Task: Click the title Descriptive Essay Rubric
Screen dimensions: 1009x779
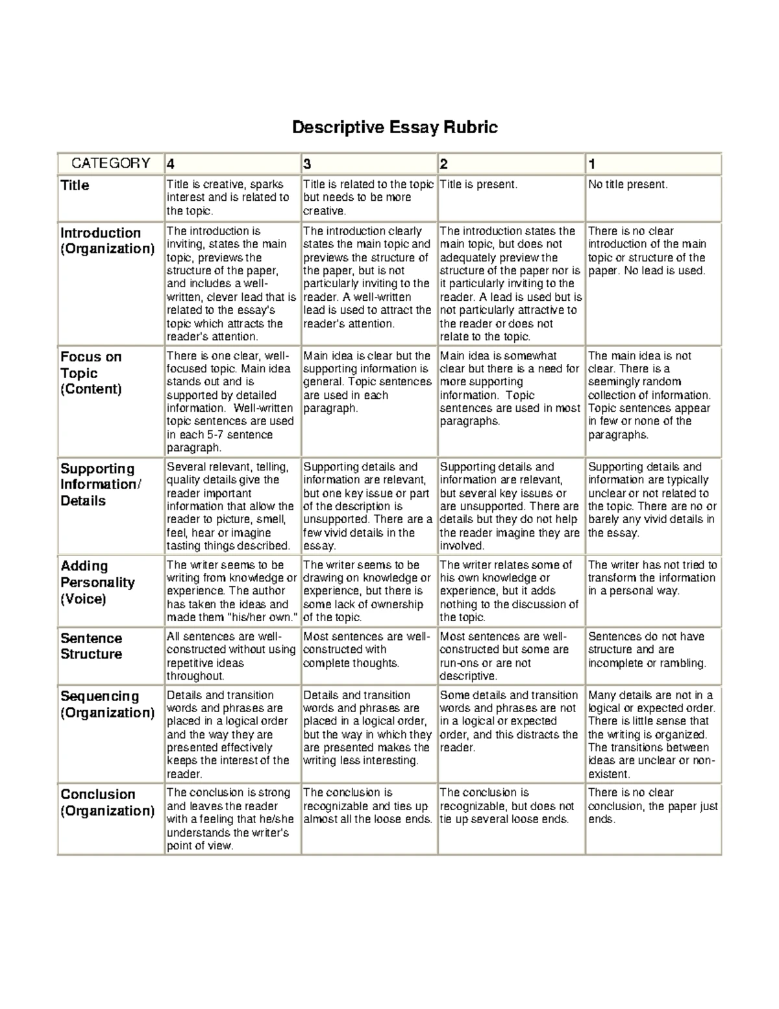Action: tap(395, 127)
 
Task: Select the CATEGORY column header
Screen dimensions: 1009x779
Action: tap(110, 164)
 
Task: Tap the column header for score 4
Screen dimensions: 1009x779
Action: tap(171, 164)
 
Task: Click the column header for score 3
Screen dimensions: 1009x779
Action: tap(307, 164)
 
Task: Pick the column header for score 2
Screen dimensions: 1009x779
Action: tap(444, 164)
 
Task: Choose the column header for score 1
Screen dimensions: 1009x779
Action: tap(591, 164)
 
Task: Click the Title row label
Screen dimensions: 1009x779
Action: tap(75, 186)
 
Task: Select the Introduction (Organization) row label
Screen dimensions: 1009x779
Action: tap(107, 241)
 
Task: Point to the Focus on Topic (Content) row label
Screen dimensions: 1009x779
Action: tap(92, 373)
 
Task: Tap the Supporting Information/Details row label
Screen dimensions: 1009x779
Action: tap(98, 485)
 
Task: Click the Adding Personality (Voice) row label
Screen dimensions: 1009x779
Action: tap(97, 582)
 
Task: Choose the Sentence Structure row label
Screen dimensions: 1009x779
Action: tap(92, 646)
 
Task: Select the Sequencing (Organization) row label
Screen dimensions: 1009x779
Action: tap(107, 704)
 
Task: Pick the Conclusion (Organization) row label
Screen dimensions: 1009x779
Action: tap(107, 802)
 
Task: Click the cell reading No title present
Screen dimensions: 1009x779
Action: tap(627, 185)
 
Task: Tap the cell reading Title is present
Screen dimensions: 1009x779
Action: tap(478, 185)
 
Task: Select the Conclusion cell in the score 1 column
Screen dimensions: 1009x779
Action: tap(652, 806)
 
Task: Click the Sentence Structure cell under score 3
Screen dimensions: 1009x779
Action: tap(367, 650)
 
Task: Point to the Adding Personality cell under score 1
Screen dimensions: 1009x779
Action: tap(652, 578)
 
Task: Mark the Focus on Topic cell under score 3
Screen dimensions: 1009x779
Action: tap(367, 382)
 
